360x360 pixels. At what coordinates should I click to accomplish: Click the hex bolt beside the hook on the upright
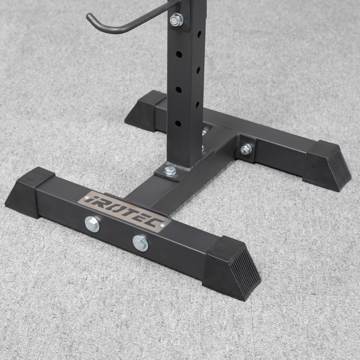(176, 19)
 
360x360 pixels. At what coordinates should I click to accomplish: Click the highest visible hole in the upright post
(199, 34)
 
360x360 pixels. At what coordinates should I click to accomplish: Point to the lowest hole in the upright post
(178, 123)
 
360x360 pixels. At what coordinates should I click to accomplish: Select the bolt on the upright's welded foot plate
(170, 171)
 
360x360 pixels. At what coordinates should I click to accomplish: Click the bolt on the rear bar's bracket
(246, 149)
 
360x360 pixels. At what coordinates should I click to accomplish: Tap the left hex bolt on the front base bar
(92, 224)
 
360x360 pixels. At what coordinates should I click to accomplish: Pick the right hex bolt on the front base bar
(140, 243)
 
